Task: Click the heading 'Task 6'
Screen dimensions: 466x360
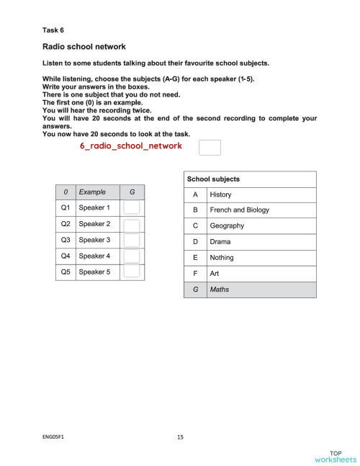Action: pos(53,30)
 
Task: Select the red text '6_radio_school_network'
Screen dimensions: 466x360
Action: pos(130,145)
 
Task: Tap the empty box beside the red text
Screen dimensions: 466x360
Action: pos(209,148)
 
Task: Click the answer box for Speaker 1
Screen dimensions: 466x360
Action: pos(132,207)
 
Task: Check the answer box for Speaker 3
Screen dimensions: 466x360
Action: pos(132,240)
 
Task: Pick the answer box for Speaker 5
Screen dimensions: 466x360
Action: pos(132,272)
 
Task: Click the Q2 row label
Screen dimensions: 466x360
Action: pos(66,224)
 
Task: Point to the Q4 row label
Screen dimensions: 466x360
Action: pos(66,256)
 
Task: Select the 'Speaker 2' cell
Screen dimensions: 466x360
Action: pos(94,224)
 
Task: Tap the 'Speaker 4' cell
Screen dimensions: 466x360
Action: pos(94,256)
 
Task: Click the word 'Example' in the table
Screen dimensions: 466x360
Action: pos(92,192)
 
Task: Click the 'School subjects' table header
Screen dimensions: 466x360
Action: pos(213,179)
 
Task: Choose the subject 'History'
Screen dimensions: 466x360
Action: pos(220,194)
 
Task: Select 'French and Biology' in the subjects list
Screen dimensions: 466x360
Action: pos(239,210)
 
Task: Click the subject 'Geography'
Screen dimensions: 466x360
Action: pos(227,226)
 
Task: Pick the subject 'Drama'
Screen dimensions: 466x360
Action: pos(220,242)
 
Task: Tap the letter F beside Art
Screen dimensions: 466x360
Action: pos(195,274)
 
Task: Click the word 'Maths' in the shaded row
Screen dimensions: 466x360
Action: pos(220,290)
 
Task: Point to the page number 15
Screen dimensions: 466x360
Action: pos(180,436)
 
